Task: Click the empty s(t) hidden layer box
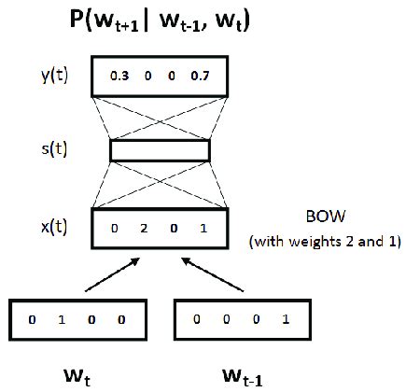pos(160,150)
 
